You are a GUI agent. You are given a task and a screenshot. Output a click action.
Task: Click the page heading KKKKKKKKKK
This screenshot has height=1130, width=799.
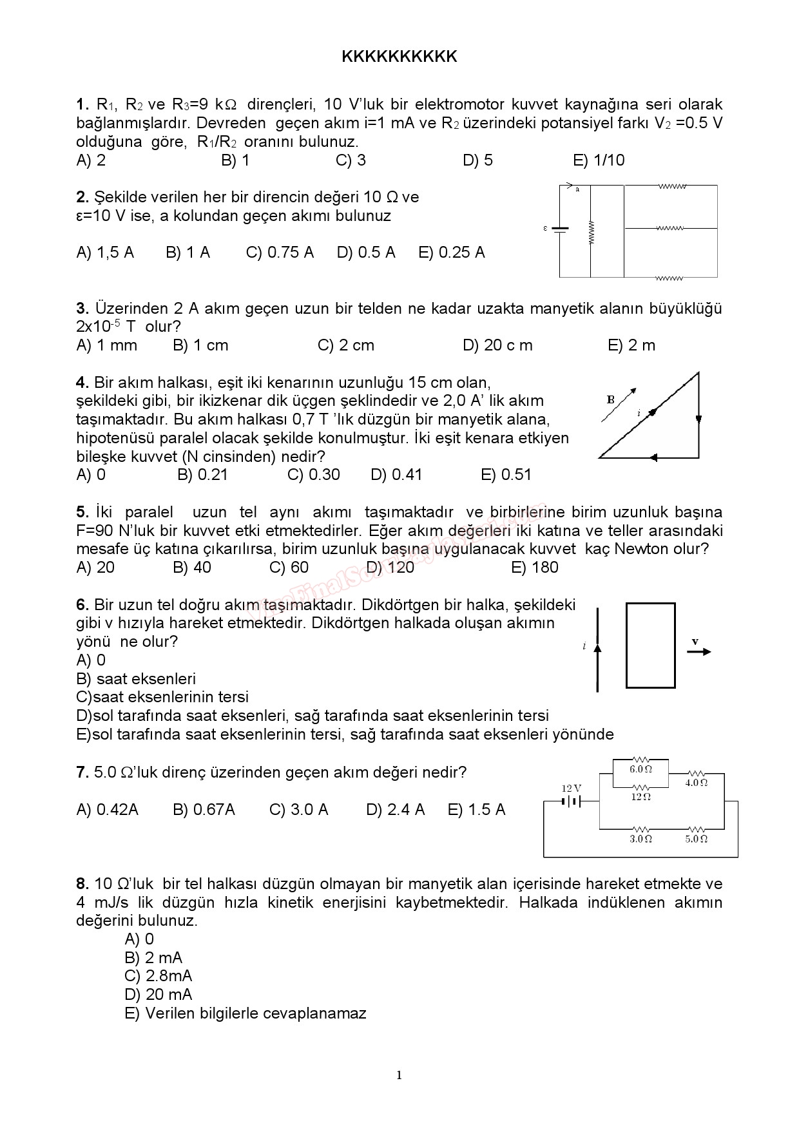click(x=399, y=57)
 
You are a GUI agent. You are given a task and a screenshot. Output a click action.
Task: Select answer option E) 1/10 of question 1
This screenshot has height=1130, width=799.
click(x=599, y=160)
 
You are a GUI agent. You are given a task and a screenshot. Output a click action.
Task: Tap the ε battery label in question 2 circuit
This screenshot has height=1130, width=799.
click(x=546, y=228)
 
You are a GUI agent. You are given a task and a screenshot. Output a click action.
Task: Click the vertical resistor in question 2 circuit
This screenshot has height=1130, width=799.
click(x=591, y=233)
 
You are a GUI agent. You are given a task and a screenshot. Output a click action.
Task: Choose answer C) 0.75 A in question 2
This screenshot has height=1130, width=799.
click(x=280, y=253)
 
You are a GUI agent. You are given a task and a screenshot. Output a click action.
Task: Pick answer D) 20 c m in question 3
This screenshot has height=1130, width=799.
click(x=497, y=345)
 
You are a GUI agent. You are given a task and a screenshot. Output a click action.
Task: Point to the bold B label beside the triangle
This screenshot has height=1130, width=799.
click(x=611, y=399)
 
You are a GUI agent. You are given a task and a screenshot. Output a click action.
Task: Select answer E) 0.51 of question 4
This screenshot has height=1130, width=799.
click(x=506, y=475)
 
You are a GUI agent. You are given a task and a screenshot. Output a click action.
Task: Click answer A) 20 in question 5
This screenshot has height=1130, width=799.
click(x=95, y=568)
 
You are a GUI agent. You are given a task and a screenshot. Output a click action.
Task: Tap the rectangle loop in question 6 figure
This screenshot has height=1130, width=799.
click(x=651, y=646)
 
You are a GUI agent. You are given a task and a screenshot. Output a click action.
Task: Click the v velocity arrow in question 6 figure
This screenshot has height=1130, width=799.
click(x=698, y=651)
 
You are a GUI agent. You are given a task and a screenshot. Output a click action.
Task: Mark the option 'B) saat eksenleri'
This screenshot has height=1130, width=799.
click(x=136, y=679)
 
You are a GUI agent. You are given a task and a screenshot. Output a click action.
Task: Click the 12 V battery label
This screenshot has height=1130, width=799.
click(x=571, y=789)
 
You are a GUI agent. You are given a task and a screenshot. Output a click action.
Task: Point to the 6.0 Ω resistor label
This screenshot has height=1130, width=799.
click(x=640, y=769)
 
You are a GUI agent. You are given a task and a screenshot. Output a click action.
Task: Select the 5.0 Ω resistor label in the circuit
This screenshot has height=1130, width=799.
click(x=696, y=839)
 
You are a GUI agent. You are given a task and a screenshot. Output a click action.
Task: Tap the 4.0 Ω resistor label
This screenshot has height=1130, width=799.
click(x=696, y=783)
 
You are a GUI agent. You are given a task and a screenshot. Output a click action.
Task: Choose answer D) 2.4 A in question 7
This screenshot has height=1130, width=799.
click(x=395, y=810)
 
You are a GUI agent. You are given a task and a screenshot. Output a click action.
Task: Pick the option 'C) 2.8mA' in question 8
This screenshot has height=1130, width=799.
click(x=159, y=976)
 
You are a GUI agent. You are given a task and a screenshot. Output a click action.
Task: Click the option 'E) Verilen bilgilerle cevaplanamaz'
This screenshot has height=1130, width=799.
click(x=245, y=1013)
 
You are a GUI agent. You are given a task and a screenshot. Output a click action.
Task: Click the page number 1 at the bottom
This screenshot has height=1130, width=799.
click(x=399, y=1075)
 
